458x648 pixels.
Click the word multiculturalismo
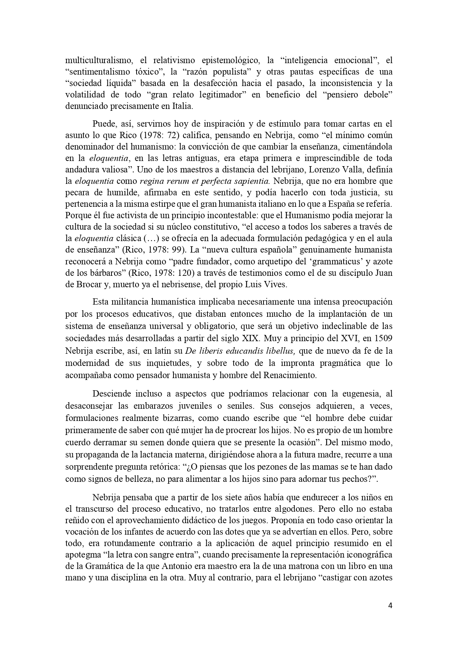pos(96,60)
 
